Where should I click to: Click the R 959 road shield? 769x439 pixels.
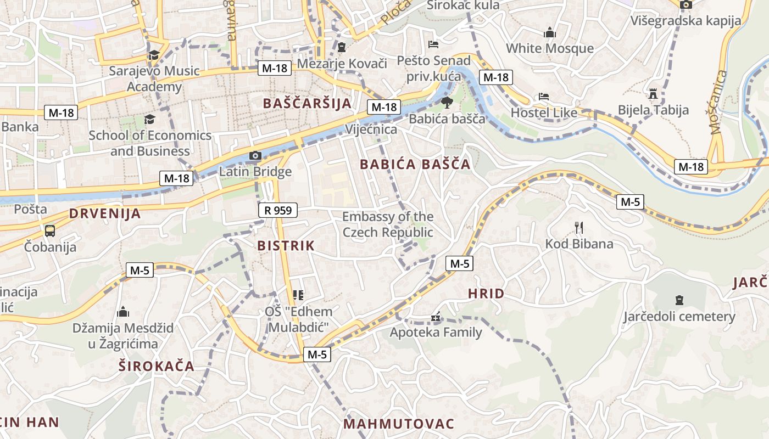[x=277, y=210]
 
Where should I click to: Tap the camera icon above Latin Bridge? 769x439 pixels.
[x=255, y=156]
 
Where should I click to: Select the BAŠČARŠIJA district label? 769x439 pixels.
[x=307, y=103]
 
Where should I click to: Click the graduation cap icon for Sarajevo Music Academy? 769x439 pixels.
[x=154, y=55]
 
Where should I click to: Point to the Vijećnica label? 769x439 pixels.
[x=371, y=130]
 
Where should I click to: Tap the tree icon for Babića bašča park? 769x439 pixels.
[x=447, y=102]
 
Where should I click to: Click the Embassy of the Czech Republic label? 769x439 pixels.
[x=388, y=224]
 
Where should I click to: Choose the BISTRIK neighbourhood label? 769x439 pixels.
[x=286, y=246]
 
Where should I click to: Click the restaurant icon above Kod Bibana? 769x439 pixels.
[x=578, y=227]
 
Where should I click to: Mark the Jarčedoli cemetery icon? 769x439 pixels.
[x=679, y=300]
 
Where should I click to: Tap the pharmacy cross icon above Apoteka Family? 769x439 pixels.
[x=436, y=317]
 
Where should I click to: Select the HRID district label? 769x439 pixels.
[x=486, y=294]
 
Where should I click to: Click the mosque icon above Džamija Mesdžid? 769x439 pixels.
[x=123, y=312]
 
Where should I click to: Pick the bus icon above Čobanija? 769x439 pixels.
[x=50, y=230]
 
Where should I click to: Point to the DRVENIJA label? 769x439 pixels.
[x=105, y=214]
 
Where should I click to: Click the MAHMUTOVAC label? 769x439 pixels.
[x=399, y=424]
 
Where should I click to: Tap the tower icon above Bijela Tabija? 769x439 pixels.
[x=653, y=94]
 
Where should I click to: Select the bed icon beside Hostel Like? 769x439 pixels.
[x=544, y=97]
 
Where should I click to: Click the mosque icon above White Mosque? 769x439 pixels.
[x=550, y=33]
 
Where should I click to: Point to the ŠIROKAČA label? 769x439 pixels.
[x=157, y=366]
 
